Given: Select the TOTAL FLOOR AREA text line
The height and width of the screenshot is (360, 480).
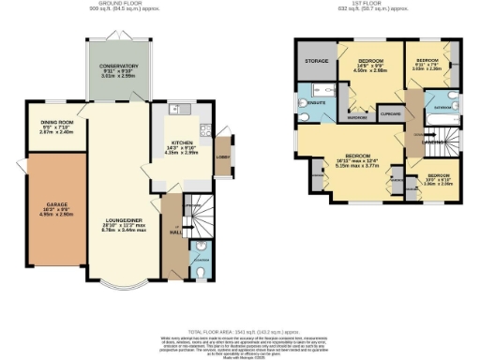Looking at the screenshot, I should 240,333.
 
